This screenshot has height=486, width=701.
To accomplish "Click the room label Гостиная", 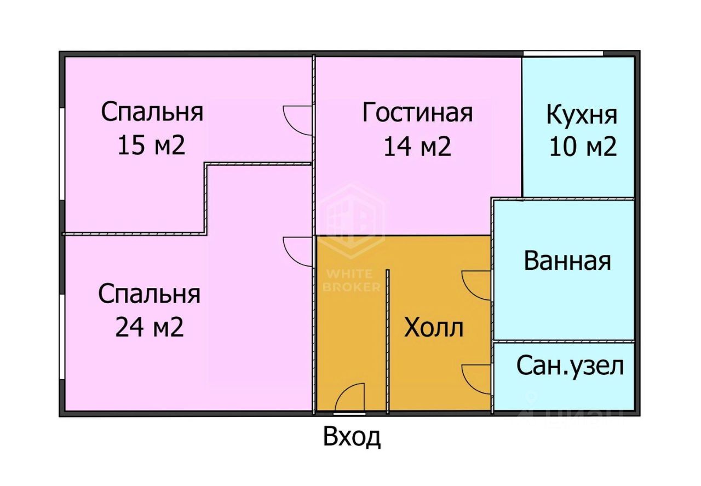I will (x=417, y=113).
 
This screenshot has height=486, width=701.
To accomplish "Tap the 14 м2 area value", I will (x=417, y=146).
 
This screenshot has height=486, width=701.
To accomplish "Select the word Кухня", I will (x=582, y=115).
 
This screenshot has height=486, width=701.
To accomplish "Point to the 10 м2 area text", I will (x=583, y=146).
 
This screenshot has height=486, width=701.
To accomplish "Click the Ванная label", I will (x=567, y=261).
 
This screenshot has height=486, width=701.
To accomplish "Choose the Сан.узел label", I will (x=570, y=366).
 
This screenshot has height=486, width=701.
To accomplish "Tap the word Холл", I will (x=433, y=328).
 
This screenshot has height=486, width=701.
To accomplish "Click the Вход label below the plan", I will (x=352, y=438).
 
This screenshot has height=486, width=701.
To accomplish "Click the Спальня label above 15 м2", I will (x=152, y=112).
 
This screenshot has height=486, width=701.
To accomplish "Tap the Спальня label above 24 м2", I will (x=149, y=294).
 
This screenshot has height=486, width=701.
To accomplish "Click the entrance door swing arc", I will (x=349, y=397).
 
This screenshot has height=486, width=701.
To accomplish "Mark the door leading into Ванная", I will (x=476, y=285).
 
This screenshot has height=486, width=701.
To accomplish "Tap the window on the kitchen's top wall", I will (x=563, y=53).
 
